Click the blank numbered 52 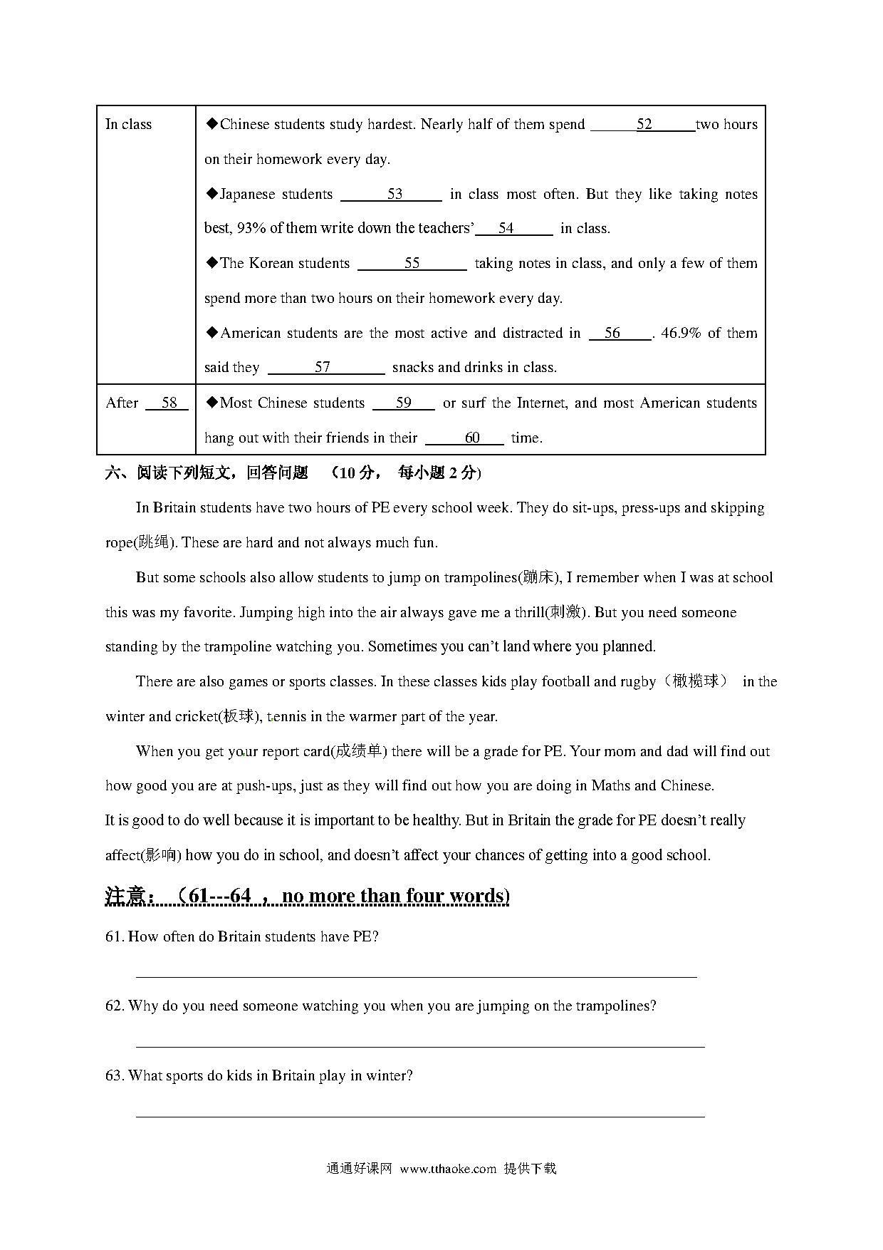[x=643, y=125]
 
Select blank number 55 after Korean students [x=412, y=264]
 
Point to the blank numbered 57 [x=325, y=368]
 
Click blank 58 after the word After [x=168, y=403]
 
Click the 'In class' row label [x=129, y=125]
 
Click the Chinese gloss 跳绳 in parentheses [x=155, y=543]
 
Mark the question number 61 [x=114, y=937]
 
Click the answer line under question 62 [x=420, y=1045]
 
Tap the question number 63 [x=114, y=1076]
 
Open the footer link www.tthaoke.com [x=448, y=1169]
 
